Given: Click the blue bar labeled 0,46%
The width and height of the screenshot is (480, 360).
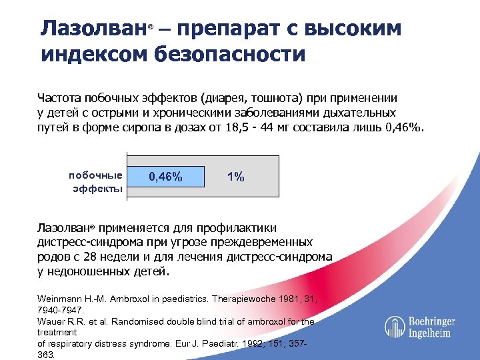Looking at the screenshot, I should tap(165, 177).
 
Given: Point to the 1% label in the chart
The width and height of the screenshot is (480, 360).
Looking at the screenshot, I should tap(235, 177).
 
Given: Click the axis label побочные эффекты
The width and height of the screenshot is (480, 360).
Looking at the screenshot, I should tap(95, 182).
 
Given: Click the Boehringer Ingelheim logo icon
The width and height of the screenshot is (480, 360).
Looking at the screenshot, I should tap(395, 326).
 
